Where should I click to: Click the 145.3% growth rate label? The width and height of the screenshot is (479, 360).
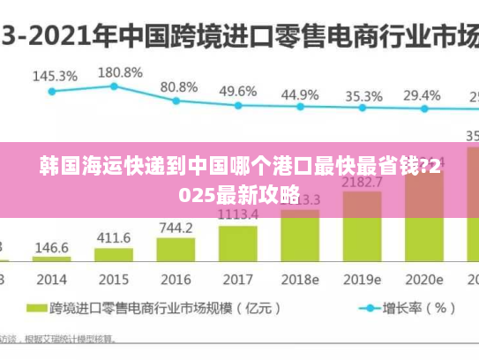coord(55,76)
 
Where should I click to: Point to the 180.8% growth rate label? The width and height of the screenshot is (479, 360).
coord(119,71)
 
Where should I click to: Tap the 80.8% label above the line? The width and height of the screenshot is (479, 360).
coord(179,87)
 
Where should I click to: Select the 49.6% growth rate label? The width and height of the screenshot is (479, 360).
coord(238,91)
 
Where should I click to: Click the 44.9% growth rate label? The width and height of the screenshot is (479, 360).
coord(300,94)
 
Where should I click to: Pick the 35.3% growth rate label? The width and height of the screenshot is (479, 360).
coord(363,95)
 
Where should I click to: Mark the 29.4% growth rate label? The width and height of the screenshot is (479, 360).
coord(422,94)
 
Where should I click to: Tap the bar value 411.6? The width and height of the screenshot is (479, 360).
coord(113,238)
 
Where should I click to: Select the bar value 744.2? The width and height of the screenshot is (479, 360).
coord(176,228)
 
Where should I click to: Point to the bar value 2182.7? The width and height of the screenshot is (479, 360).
coord(362,182)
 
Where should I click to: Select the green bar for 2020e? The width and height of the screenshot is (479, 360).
coord(423,238)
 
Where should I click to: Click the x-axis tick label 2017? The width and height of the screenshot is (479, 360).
coord(237,280)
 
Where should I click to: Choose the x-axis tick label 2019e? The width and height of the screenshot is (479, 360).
coord(362,280)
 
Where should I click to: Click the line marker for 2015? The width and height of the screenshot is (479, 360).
coord(114,86)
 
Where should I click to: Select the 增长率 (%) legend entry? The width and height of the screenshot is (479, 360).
coord(406,309)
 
